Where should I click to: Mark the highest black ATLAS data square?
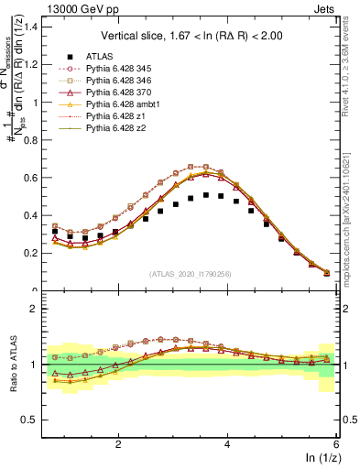click(x=206, y=195)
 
